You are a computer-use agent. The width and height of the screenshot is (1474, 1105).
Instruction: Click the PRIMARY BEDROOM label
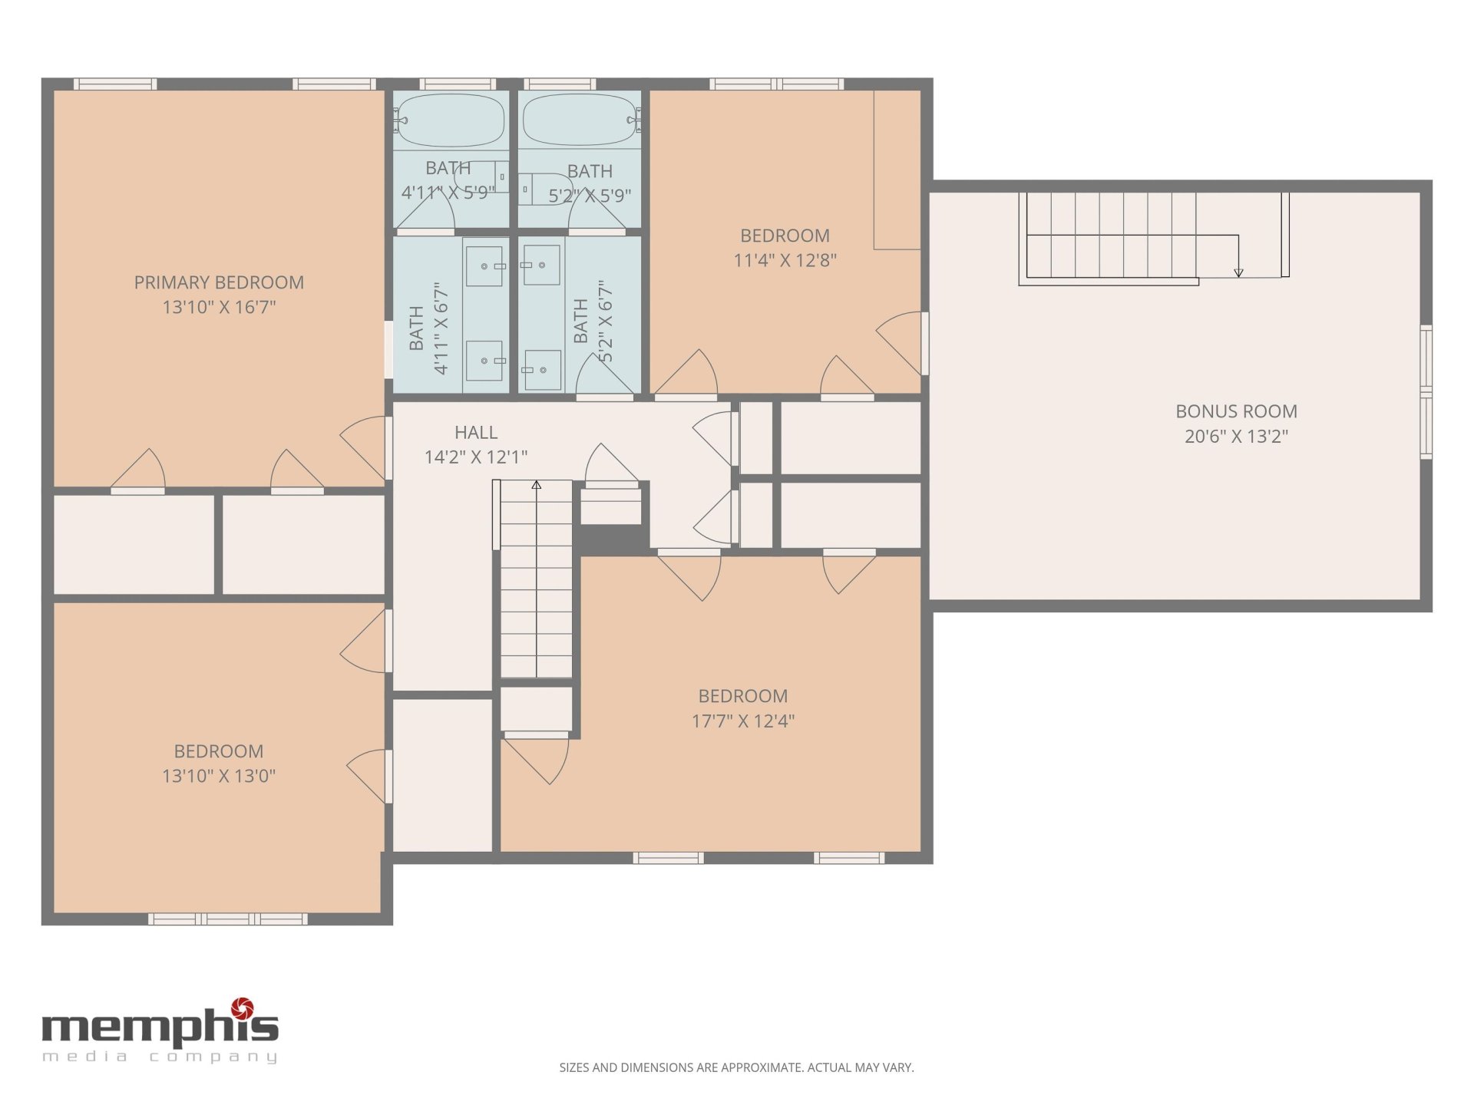(x=219, y=282)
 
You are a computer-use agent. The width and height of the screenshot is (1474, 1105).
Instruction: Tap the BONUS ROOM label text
(x=1236, y=411)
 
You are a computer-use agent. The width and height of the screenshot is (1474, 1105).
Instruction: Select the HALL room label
(x=476, y=432)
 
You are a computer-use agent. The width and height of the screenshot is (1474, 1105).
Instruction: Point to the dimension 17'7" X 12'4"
(x=742, y=721)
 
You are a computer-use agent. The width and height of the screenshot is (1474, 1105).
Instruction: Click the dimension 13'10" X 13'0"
(x=219, y=776)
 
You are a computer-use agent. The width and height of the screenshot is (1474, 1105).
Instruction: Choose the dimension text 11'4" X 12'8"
(x=785, y=260)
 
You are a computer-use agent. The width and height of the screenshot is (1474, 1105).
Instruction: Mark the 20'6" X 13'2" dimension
(x=1236, y=437)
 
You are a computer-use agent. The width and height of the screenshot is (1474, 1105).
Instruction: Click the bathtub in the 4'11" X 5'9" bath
(x=451, y=120)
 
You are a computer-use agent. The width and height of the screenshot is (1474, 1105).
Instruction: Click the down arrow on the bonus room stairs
(x=1238, y=272)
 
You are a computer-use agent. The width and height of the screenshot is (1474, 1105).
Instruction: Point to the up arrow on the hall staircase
(x=537, y=485)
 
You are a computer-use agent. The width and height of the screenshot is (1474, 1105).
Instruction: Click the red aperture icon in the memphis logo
(x=243, y=1008)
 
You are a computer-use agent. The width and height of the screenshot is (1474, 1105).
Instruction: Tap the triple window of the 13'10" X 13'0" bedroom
(x=228, y=919)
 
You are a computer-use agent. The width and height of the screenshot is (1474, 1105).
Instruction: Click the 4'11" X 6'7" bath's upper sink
(x=485, y=266)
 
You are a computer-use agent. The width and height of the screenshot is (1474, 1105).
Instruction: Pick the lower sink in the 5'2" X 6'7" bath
(x=543, y=369)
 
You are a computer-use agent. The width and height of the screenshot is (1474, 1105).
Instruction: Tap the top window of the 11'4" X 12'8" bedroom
(x=777, y=84)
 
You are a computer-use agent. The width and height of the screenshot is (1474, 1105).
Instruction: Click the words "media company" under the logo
(x=160, y=1057)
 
